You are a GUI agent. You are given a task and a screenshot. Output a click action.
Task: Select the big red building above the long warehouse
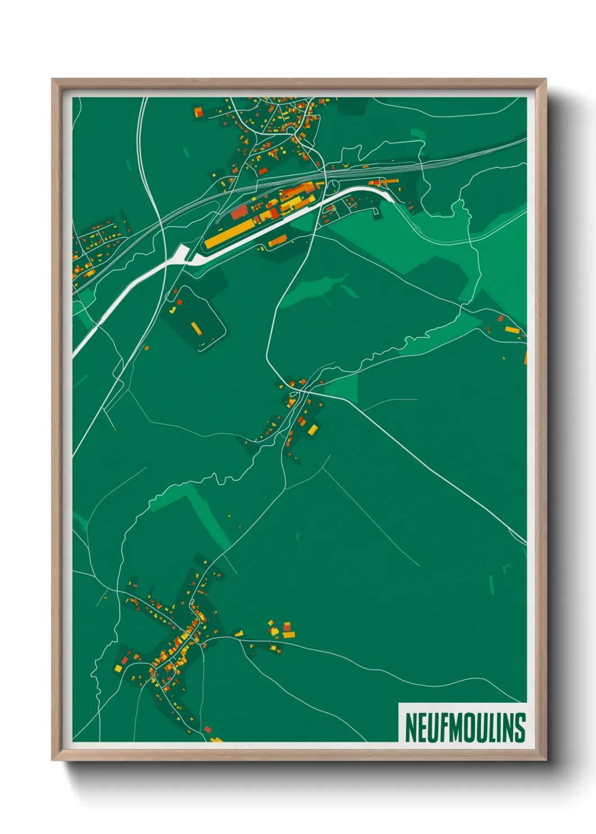pos(239,212)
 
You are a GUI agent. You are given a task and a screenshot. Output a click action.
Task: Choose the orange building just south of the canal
pos(277,243)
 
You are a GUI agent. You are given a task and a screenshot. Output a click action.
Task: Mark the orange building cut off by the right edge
pos(525,357)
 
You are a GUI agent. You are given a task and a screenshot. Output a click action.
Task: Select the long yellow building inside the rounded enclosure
pos(196,328)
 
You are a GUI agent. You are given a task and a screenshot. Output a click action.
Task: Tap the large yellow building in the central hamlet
pos(313,430)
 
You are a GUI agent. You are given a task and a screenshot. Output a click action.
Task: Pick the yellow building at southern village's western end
pos(118,668)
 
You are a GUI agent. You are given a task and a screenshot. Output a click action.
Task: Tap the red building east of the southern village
pos(287,627)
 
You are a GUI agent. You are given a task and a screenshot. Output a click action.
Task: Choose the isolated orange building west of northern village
pos(198,112)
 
